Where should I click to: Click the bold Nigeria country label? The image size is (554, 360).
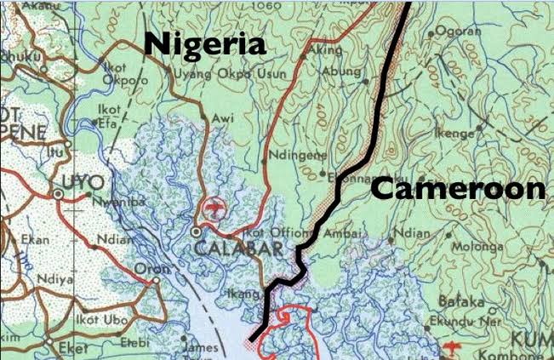pyautogui.click(x=204, y=45)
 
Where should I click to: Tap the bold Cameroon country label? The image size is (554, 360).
pyautogui.click(x=458, y=189)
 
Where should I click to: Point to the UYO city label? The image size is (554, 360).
pyautogui.click(x=83, y=182)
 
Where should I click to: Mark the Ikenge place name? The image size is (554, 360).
pyautogui.click(x=455, y=134)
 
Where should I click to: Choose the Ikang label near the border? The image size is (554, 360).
pyautogui.click(x=243, y=294)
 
